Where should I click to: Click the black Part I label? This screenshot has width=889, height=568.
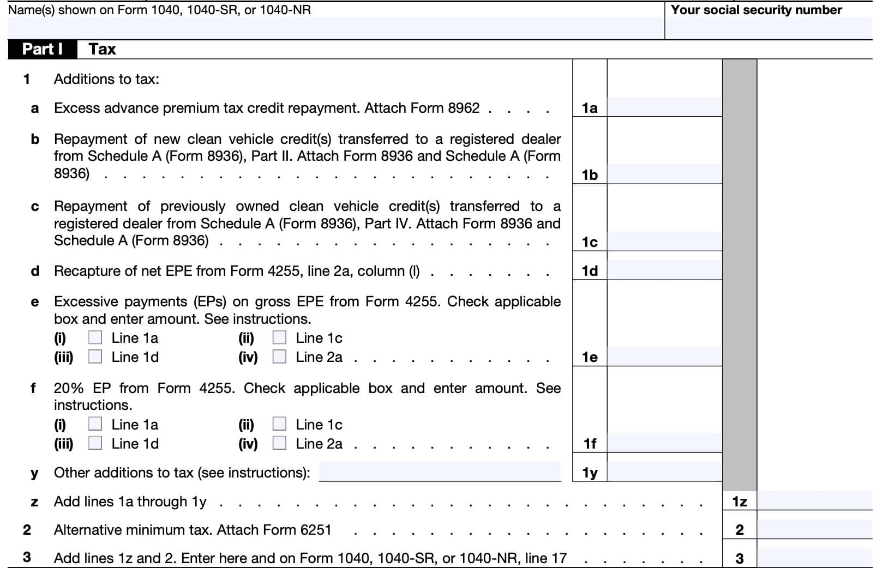[42, 49]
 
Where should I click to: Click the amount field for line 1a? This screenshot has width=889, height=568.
[664, 107]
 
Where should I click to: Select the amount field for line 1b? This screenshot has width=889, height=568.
[664, 174]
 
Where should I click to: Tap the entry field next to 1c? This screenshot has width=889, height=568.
[664, 241]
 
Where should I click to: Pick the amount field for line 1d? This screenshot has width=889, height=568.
[664, 270]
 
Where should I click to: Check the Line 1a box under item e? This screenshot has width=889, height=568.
[95, 338]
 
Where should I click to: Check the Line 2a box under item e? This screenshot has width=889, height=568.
[279, 357]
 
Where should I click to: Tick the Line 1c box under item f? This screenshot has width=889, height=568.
[279, 424]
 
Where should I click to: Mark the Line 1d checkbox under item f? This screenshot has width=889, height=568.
[95, 443]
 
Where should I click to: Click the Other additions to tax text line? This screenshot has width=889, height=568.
[440, 472]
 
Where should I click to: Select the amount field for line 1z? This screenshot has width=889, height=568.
[814, 501]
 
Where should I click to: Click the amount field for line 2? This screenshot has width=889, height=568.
[814, 529]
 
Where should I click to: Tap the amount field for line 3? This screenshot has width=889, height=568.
[814, 558]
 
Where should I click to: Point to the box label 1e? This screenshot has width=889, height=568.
[590, 357]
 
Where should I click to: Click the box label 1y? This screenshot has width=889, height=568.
[590, 473]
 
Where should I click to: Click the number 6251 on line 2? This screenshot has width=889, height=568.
[316, 530]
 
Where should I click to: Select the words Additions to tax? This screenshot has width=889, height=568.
[106, 79]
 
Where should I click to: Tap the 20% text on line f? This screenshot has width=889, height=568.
[68, 388]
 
